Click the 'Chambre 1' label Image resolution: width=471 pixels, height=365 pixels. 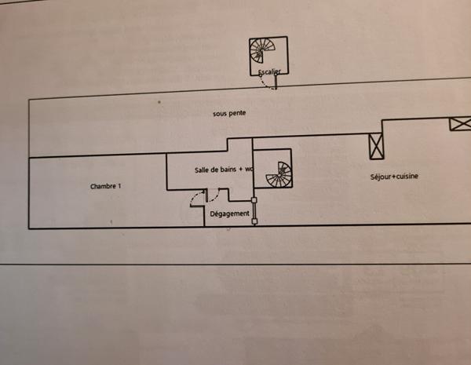pyautogui.click(x=106, y=186)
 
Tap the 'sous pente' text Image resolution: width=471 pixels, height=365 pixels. pyautogui.click(x=229, y=113)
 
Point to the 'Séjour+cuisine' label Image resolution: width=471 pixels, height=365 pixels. pyautogui.click(x=394, y=177)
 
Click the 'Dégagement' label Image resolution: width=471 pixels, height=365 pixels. pyautogui.click(x=231, y=213)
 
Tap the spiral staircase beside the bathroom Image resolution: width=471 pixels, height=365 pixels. pyautogui.click(x=278, y=174)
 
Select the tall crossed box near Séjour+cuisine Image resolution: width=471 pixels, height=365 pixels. pyautogui.click(x=375, y=146)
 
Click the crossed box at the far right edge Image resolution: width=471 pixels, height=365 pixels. pyautogui.click(x=460, y=124)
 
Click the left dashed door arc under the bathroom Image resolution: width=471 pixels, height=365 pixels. pyautogui.click(x=196, y=198)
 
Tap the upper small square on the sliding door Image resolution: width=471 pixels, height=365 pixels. pyautogui.click(x=254, y=199)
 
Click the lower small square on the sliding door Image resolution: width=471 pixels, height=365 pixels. pyautogui.click(x=254, y=221)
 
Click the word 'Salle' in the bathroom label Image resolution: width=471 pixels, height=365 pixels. pyautogui.click(x=203, y=170)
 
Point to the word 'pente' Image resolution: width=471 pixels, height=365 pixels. pyautogui.click(x=236, y=113)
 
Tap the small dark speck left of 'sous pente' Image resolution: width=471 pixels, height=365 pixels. pyautogui.click(x=159, y=102)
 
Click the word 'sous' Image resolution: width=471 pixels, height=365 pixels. pyautogui.click(x=219, y=113)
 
